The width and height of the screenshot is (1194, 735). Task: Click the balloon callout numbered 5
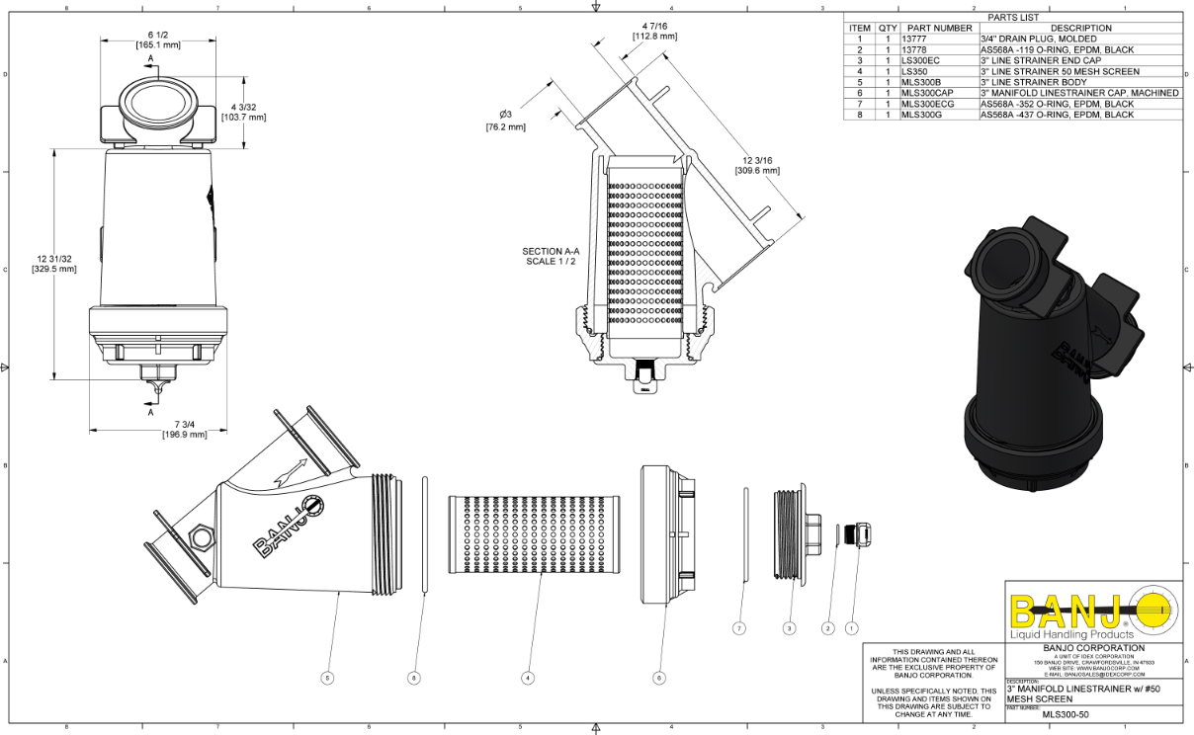click(327, 679)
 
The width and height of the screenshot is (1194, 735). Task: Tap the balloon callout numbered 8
click(414, 679)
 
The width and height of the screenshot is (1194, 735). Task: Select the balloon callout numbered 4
click(529, 679)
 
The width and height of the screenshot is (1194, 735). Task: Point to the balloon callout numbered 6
click(659, 679)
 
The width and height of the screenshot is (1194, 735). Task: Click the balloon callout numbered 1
click(852, 627)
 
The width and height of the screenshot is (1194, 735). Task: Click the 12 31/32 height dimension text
click(53, 264)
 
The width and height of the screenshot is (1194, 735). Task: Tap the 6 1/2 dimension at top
click(158, 40)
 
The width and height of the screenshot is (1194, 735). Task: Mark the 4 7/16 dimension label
click(654, 31)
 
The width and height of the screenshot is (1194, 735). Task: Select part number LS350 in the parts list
click(916, 71)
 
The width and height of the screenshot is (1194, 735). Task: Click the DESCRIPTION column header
click(1080, 28)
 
